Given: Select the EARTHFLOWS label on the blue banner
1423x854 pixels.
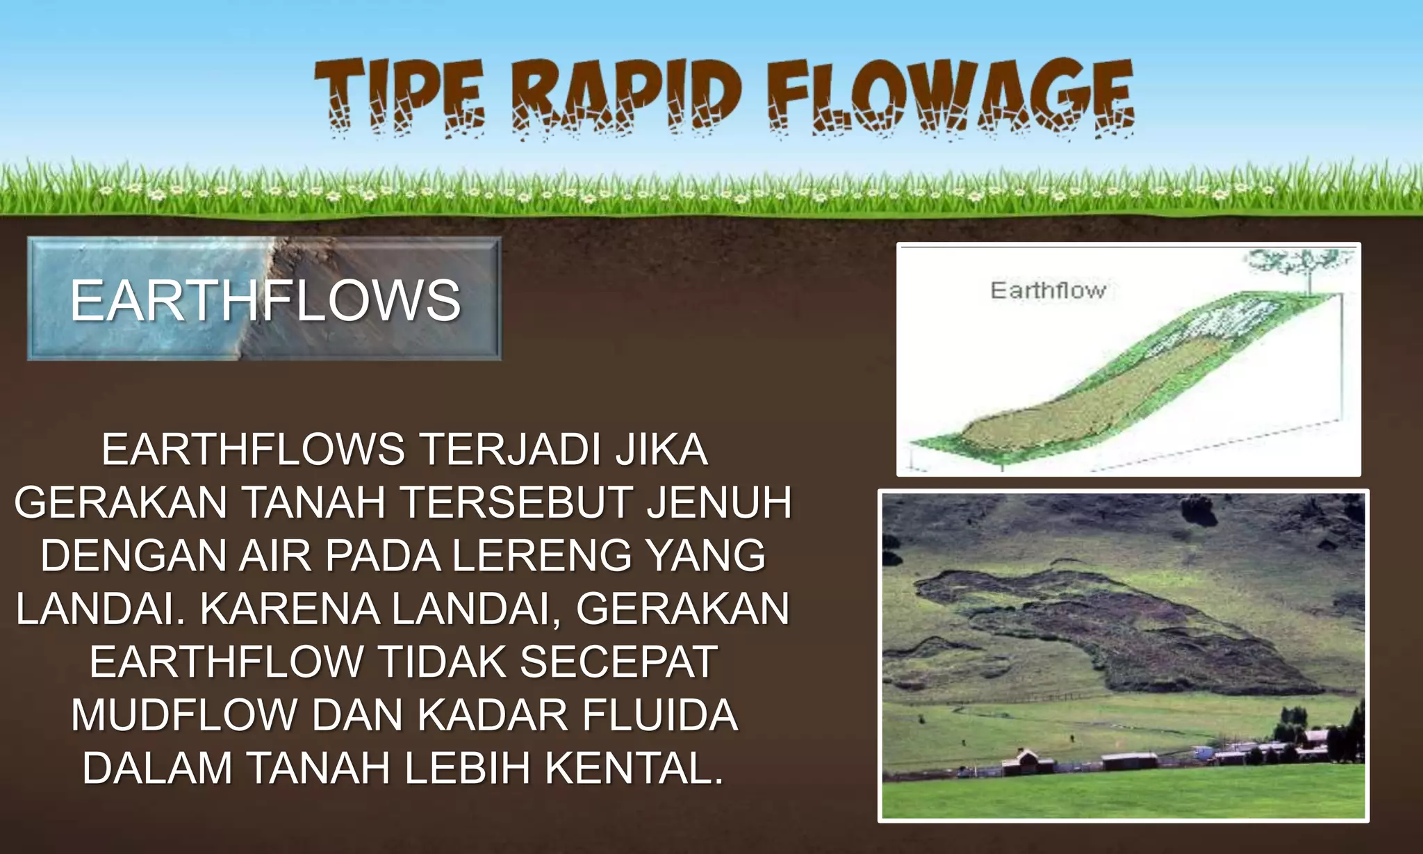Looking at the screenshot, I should tap(265, 300).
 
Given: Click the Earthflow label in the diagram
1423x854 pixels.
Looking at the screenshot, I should tap(1048, 290).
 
